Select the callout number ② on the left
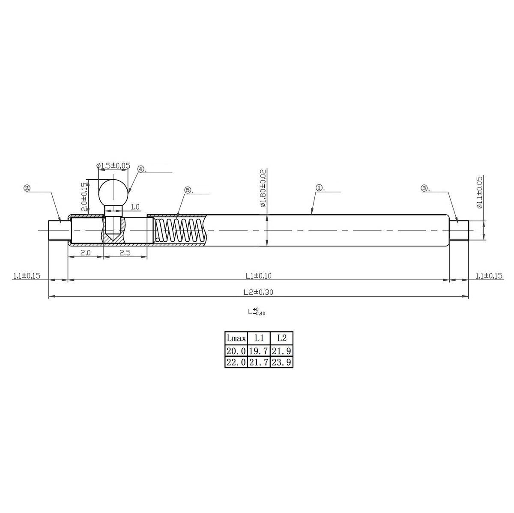27,188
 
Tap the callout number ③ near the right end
424,188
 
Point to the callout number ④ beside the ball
141,169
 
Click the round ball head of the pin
113,193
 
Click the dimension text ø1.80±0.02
263,188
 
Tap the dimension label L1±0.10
259,276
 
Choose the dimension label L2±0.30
259,292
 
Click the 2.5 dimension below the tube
125,253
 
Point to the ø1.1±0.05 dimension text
480,192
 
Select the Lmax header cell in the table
236,338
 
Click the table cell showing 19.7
259,351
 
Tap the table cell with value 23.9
281,362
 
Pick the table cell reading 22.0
236,362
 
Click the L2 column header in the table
281,338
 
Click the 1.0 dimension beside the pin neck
134,207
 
